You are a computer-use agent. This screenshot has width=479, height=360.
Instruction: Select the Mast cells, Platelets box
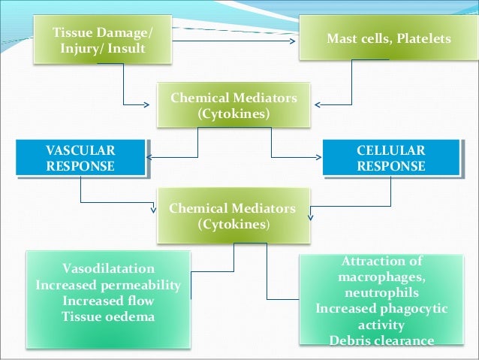(389, 38)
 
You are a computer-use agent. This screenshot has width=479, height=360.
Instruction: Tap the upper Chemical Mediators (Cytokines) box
(233, 106)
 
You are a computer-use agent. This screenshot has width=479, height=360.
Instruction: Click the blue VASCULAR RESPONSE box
(80, 158)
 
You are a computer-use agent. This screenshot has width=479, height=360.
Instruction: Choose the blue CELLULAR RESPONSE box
(390, 158)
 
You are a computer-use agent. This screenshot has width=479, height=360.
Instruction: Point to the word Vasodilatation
(108, 268)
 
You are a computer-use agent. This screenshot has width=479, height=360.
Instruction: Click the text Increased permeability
(108, 285)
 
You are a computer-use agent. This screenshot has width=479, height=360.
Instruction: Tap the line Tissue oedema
(108, 316)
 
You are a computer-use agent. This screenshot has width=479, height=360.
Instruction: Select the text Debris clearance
(381, 340)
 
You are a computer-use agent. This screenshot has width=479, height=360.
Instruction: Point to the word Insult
(134, 49)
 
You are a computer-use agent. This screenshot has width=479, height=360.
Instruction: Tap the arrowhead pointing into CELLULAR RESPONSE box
(320, 158)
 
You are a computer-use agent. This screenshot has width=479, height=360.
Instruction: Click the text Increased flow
(108, 301)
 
